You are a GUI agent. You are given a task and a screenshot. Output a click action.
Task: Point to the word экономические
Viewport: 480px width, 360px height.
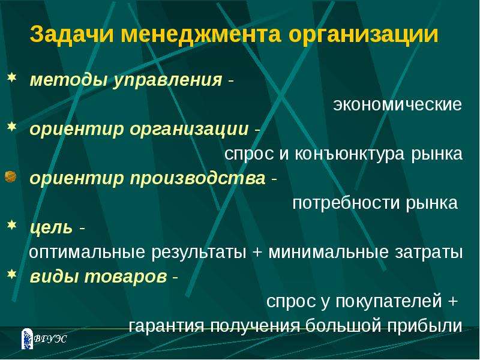[397, 104]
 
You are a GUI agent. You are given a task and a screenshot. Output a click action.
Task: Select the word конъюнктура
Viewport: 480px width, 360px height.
[350, 154]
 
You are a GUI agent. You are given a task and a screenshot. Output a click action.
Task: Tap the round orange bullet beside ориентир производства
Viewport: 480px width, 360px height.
[10, 177]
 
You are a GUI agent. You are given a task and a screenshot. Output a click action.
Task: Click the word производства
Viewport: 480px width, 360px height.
[198, 179]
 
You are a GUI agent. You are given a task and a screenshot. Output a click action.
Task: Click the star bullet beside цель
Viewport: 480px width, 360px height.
[11, 225]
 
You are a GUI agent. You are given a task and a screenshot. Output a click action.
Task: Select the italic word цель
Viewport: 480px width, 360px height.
[52, 228]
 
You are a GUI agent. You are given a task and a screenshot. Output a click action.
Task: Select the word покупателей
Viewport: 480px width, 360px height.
[389, 302]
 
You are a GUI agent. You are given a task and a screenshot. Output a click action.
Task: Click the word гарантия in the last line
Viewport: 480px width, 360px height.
[166, 326]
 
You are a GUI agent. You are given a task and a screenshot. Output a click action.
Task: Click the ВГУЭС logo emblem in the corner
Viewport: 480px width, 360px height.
[27, 339]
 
